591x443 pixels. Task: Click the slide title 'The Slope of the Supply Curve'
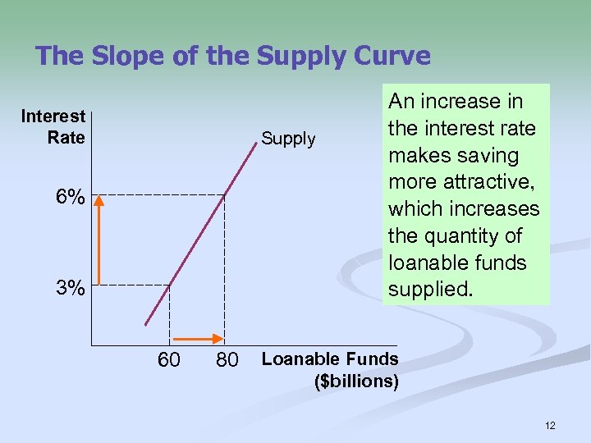coord(233,56)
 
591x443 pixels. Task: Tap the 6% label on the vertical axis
coord(69,198)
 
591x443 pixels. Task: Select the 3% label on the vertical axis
coord(69,288)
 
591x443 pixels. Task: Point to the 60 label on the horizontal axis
coord(169,359)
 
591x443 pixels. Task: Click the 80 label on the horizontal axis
coord(227,359)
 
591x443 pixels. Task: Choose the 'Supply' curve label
coord(288,139)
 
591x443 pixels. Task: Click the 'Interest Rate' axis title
coord(54,127)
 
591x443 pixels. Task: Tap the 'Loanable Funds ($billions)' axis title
coord(330,369)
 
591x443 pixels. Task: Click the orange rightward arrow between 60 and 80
coord(197,338)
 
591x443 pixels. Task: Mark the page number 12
coord(549,425)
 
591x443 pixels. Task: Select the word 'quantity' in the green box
coord(468,235)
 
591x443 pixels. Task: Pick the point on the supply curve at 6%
coord(225,194)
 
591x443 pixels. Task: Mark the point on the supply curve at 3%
coord(170,285)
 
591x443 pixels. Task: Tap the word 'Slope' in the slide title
coord(120,56)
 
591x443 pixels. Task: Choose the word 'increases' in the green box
coord(497,208)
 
